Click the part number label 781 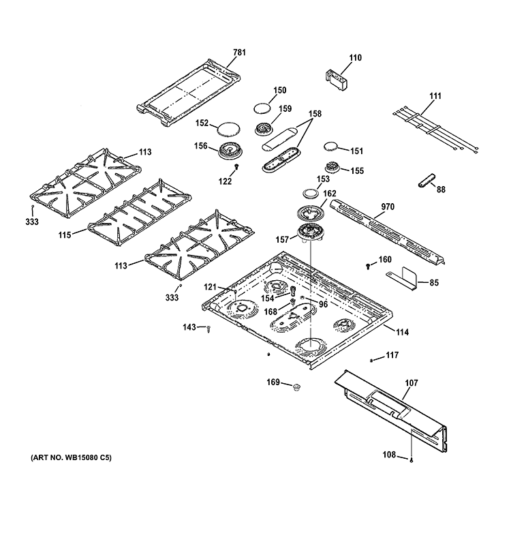(238, 52)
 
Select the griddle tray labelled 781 (187, 92)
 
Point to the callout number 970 (388, 207)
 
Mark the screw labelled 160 (369, 264)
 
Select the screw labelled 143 (208, 329)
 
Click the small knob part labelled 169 (295, 387)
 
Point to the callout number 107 (411, 383)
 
